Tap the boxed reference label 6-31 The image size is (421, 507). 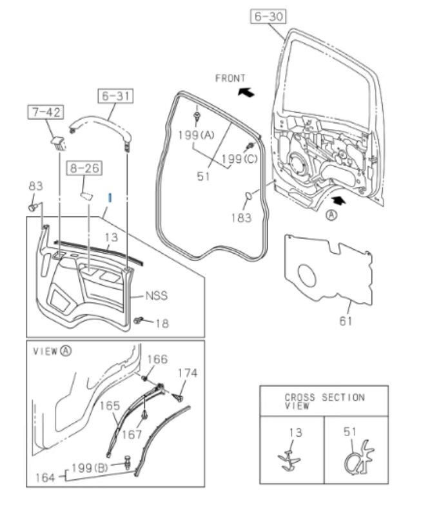115,96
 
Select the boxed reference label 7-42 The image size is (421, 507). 45,113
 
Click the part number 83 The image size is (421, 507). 35,186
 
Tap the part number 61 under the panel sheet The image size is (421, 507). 346,320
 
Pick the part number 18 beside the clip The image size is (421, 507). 162,323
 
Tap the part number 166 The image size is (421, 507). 157,359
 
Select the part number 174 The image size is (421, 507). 188,373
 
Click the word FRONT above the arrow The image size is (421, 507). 230,78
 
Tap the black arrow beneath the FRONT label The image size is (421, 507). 246,93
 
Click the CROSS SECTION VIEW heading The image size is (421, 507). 324,401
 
